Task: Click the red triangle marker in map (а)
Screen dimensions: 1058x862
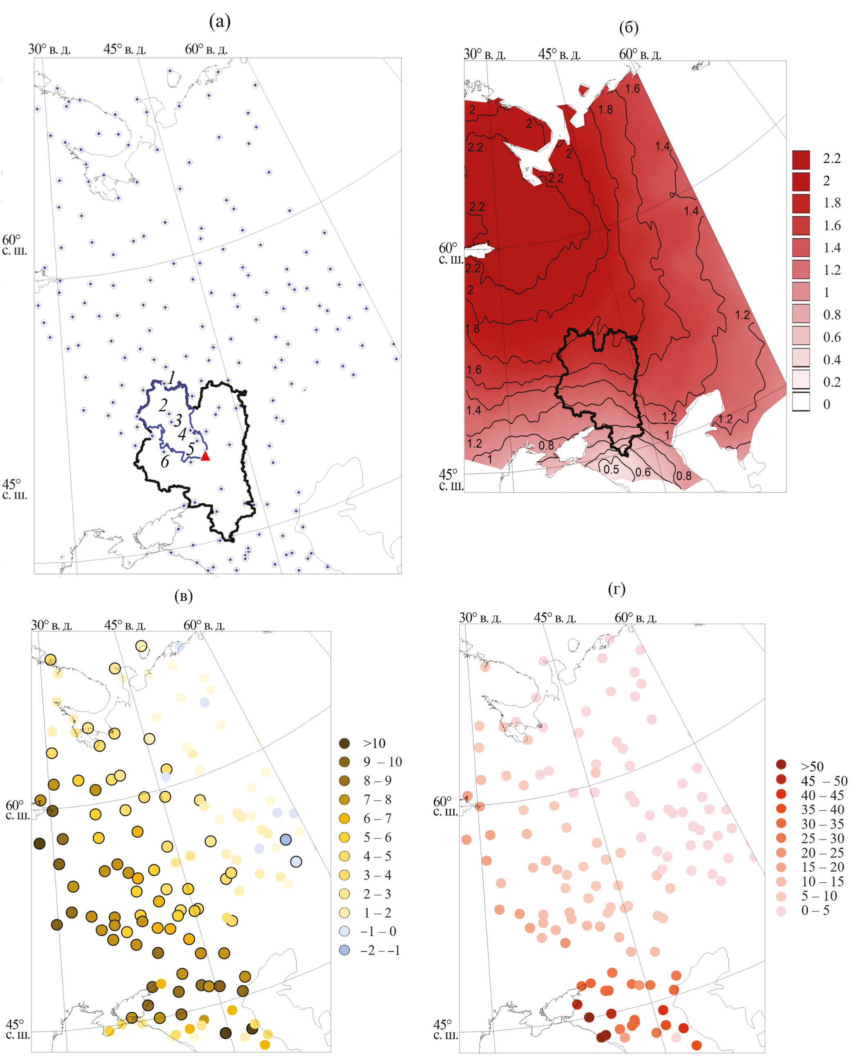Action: (205, 456)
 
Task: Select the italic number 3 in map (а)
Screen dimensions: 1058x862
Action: (178, 420)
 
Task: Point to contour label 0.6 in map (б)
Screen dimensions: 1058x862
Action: (643, 472)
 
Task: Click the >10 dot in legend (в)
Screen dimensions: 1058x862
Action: (344, 743)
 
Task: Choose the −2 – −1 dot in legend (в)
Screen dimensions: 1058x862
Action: (344, 950)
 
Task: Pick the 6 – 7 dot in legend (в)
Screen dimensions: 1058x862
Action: (344, 818)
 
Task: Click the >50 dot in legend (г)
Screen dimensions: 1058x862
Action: (781, 764)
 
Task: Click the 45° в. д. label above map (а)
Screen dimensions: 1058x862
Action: (125, 49)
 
